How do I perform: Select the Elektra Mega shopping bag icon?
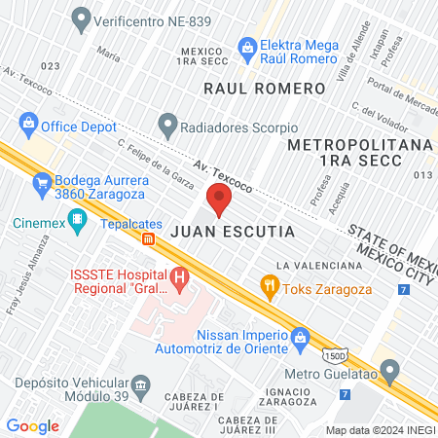tap(247, 46)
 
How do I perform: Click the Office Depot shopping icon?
tap(26, 126)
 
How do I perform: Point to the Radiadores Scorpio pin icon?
tap(168, 125)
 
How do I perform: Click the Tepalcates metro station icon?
tap(147, 238)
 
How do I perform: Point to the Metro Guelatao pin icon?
tap(390, 371)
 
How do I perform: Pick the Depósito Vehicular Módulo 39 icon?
tap(140, 385)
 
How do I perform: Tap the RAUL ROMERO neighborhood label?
tap(263, 89)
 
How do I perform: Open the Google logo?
tap(32, 425)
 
